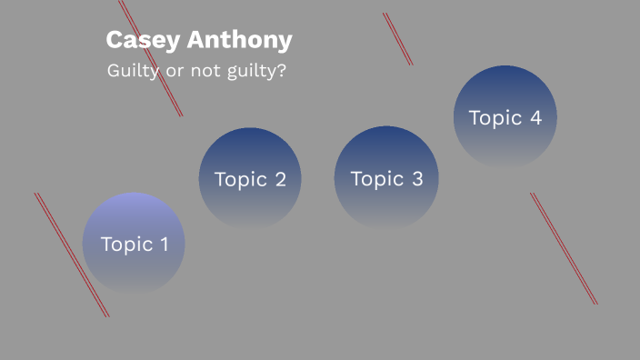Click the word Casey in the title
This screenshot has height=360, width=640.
pos(135,40)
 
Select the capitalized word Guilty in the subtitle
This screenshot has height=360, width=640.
pos(134,70)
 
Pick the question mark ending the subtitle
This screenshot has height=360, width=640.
pos(281,70)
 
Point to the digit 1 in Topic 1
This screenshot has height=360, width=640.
pos(164,244)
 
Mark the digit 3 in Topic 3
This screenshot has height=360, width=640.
pos(416,179)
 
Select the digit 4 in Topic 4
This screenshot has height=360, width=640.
pos(535,117)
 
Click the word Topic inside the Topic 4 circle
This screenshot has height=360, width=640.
pos(495,117)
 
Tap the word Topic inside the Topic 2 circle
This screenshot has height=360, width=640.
pos(240,179)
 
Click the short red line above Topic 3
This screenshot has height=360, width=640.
pos(397,38)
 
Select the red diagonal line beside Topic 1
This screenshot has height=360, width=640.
pos(71,254)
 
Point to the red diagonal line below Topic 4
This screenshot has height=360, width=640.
pos(564,248)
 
